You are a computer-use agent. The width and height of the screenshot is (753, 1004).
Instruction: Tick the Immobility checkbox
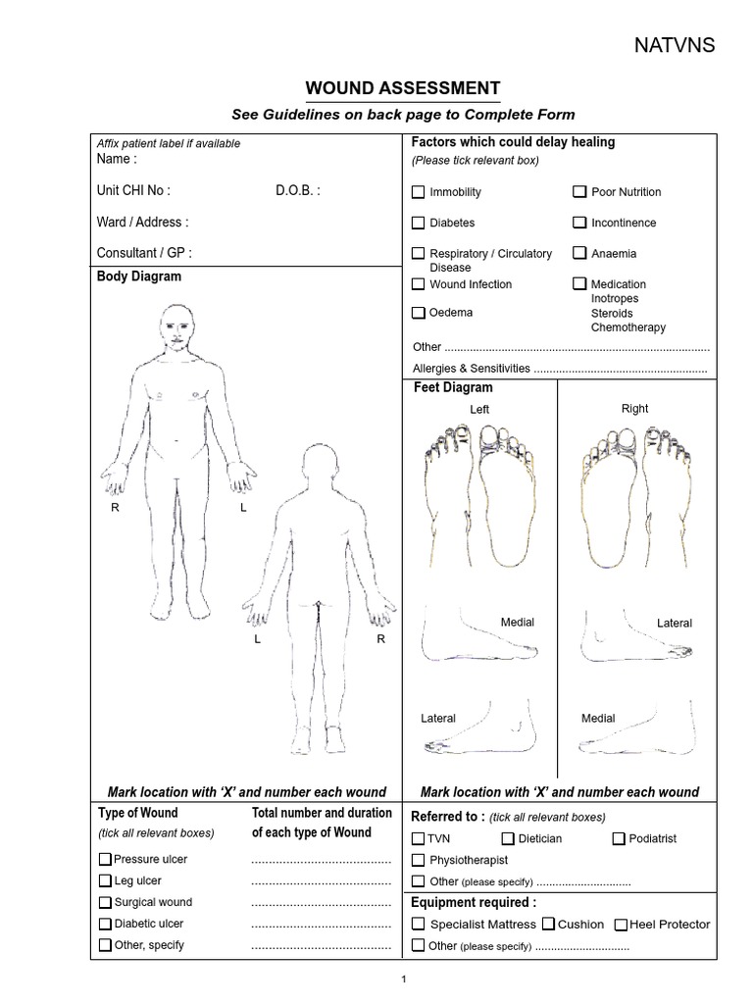pos(419,192)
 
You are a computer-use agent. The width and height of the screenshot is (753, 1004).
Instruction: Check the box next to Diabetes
pos(419,223)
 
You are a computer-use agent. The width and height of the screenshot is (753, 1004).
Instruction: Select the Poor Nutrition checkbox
pos(580,192)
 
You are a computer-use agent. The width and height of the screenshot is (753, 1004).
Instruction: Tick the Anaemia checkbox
pos(580,253)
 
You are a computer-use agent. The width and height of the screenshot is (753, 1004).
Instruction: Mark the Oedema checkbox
pos(419,313)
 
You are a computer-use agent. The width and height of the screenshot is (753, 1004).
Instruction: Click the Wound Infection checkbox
pos(419,284)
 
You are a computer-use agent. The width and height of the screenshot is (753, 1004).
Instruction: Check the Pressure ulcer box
pos(105,859)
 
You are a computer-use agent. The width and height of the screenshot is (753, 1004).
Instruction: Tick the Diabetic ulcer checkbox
pos(105,924)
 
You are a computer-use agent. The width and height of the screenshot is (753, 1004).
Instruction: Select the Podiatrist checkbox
pos(619,838)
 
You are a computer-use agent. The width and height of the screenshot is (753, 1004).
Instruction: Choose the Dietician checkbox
pos(508,838)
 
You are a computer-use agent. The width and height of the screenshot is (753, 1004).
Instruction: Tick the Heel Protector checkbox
pos(622,925)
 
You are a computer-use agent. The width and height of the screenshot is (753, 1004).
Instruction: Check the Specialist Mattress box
pos(419,924)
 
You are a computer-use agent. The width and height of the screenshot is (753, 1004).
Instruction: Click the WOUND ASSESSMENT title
pos(403,88)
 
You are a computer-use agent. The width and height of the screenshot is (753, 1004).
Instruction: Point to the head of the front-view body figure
pos(176,325)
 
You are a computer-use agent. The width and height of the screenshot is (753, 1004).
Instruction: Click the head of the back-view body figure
pos(320,465)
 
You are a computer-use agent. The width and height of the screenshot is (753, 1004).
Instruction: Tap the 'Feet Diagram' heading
pos(453,388)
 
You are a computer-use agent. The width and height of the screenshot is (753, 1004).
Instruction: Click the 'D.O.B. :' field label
pos(297,191)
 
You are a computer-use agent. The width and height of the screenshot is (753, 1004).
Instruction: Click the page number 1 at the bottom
pos(403,979)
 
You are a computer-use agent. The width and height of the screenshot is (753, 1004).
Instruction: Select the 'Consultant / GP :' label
pos(144,253)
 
